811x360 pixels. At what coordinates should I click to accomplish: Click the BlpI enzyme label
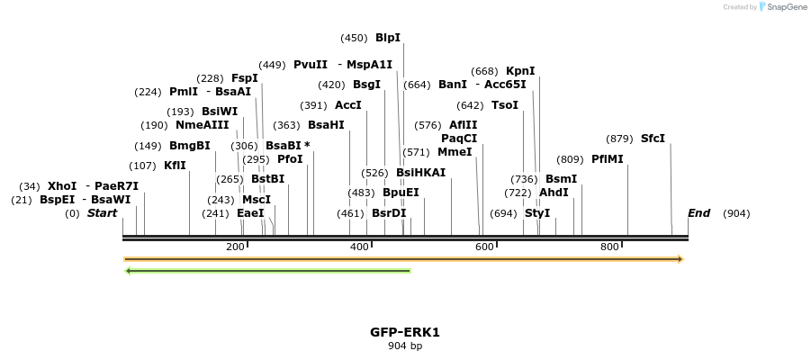[x=388, y=38]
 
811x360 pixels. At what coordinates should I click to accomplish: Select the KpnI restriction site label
[x=520, y=71]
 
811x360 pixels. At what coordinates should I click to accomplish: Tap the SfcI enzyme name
[x=653, y=139]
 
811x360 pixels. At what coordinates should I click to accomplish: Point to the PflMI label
[x=608, y=159]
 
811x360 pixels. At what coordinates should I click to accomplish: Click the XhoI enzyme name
[x=62, y=186]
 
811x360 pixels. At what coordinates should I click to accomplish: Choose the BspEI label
[x=57, y=200]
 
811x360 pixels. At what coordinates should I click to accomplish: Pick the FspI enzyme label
[x=245, y=78]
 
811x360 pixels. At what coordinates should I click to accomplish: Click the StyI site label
[x=537, y=213]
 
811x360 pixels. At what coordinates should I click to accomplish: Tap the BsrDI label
[x=389, y=213]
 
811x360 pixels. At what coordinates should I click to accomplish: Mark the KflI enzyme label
[x=175, y=166]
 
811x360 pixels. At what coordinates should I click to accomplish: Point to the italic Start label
[x=102, y=213]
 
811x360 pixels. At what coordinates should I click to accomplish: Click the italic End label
[x=698, y=213]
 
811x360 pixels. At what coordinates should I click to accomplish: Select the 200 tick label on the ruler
[x=235, y=247]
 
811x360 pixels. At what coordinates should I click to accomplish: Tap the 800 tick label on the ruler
[x=609, y=247]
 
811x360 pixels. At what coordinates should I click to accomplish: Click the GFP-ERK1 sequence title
[x=405, y=332]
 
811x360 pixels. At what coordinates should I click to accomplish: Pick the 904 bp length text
[x=405, y=346]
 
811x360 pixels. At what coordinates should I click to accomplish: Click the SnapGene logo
[x=783, y=7]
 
